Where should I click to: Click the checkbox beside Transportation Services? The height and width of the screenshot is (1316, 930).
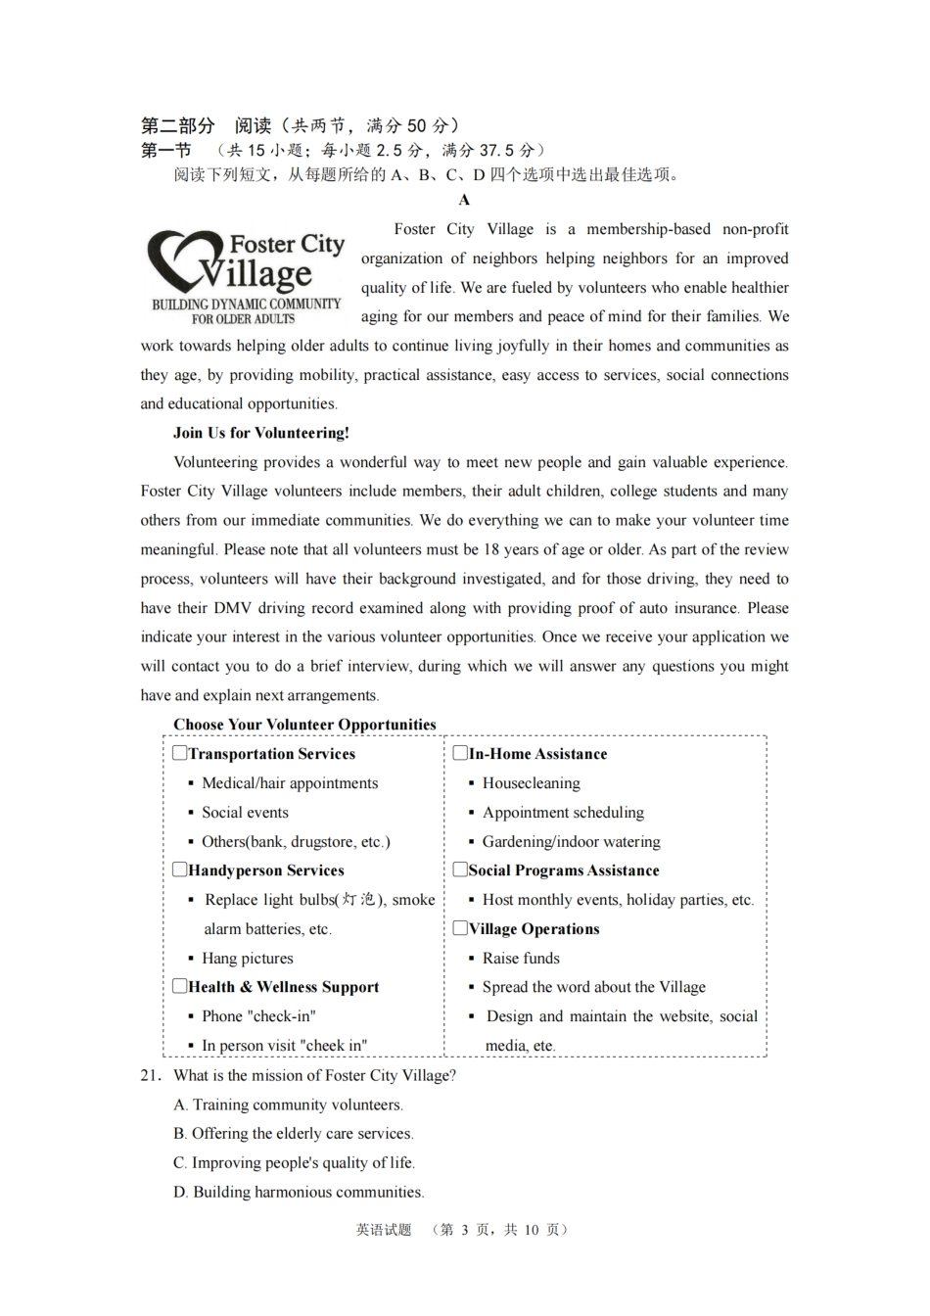pos(180,753)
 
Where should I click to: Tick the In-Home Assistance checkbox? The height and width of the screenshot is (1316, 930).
pos(460,753)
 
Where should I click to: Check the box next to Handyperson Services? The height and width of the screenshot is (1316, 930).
pos(180,869)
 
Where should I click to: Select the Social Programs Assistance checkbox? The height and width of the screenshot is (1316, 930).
pos(460,869)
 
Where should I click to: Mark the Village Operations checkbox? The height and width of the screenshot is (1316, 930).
pos(460,927)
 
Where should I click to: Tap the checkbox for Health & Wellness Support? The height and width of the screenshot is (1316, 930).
pos(180,986)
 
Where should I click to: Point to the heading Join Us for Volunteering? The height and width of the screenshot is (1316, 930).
pos(261,433)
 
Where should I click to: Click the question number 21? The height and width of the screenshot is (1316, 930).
pos(149,1075)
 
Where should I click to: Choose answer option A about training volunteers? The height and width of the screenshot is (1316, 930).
pos(288,1104)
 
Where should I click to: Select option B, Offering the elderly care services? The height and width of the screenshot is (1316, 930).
pos(294,1134)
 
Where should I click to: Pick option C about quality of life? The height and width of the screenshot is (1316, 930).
pos(294,1163)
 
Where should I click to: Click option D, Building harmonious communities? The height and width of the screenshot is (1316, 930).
pos(299,1193)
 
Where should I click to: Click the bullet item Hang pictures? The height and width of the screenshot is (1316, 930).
pos(248,958)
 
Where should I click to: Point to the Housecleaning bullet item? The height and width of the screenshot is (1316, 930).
pos(532,783)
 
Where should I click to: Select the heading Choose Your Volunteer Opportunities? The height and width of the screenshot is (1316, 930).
pos(304,725)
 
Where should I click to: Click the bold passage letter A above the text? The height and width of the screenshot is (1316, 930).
pos(464,201)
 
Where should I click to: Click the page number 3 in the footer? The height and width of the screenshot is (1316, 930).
pos(465,1230)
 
